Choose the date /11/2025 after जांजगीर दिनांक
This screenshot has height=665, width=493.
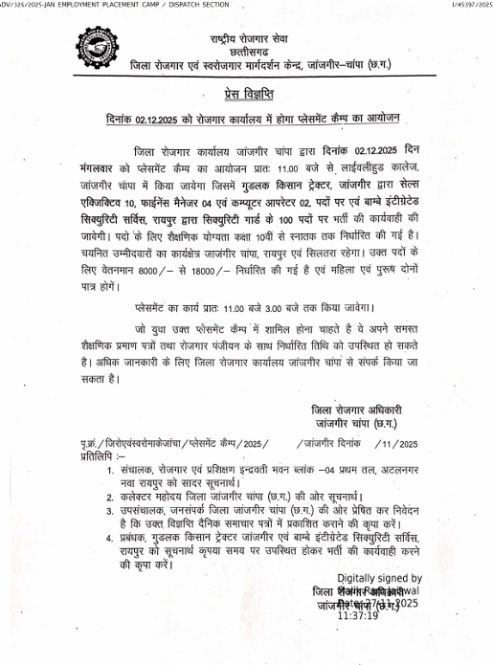(x=396, y=444)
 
